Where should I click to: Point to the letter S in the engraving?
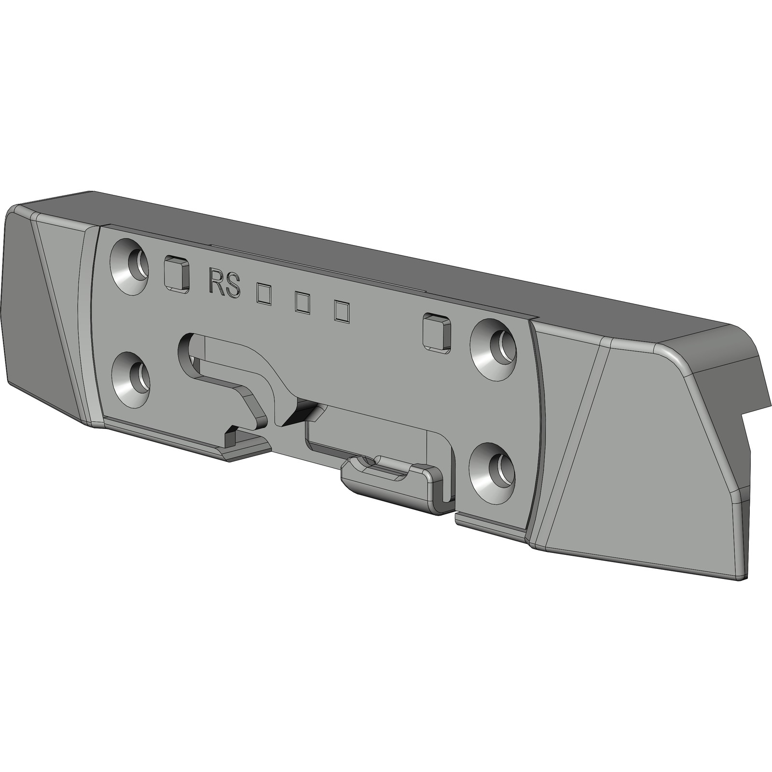(233, 285)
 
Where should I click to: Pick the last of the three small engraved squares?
(342, 311)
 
